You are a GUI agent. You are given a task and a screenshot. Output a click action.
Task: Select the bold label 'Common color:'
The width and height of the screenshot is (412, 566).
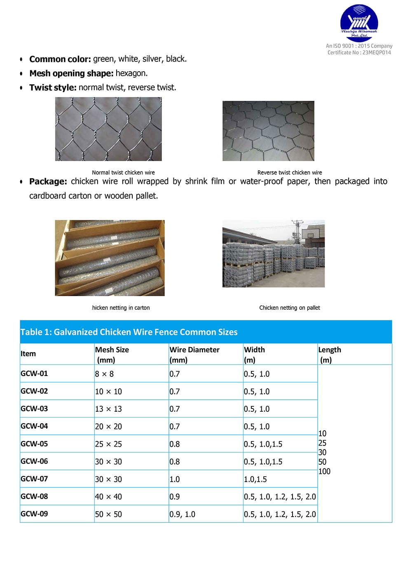point(60,59)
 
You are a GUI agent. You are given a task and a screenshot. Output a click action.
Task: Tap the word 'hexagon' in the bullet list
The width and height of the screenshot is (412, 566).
point(131,73)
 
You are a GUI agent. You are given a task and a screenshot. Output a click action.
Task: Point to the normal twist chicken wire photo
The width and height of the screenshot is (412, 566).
point(108,129)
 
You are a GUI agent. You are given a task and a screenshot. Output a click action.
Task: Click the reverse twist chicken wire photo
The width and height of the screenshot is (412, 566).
point(268,131)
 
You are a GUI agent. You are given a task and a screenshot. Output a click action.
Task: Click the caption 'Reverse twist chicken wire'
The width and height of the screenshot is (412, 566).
point(290,173)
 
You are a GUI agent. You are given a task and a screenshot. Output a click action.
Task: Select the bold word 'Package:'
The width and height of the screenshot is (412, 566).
point(48,181)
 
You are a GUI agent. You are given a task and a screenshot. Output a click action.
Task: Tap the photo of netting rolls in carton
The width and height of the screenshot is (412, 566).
point(110,258)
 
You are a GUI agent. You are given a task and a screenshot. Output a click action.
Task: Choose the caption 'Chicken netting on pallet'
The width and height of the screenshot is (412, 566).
point(290,308)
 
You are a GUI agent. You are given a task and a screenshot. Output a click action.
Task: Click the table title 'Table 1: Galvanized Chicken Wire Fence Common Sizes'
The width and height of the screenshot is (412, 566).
point(129,332)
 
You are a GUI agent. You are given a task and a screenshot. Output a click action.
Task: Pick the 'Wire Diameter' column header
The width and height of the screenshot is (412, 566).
point(194,350)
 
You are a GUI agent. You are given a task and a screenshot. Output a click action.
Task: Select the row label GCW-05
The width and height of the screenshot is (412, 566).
point(34,444)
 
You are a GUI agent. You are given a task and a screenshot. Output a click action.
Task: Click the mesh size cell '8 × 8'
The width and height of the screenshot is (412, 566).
point(104,374)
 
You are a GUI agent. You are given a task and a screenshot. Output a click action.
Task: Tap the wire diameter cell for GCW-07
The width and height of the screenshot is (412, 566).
point(175,479)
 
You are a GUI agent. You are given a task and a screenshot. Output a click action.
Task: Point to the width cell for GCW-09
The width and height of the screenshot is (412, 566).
point(280,514)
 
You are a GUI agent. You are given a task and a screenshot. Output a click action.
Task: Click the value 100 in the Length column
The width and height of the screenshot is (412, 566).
point(324,471)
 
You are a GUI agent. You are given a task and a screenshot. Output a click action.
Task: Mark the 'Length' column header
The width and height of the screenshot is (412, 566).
point(330,350)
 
